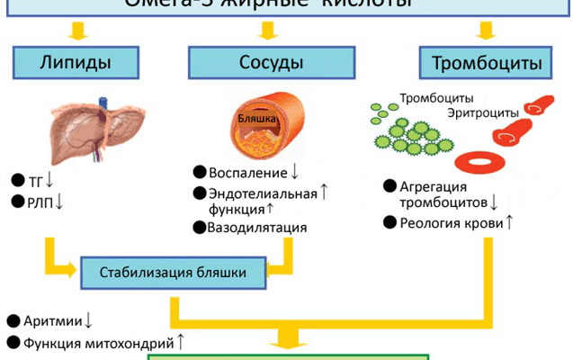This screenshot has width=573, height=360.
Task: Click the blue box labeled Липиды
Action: (76, 63)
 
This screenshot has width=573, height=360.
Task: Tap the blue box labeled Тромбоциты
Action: (485, 63)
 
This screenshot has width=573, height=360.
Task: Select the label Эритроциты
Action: (483, 112)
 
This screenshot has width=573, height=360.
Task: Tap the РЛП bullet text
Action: (41, 202)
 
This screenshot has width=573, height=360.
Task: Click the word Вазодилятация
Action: (257, 228)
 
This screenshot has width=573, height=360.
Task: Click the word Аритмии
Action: (53, 320)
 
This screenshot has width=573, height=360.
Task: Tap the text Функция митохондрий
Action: (98, 342)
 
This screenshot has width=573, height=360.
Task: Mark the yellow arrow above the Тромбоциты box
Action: (485, 31)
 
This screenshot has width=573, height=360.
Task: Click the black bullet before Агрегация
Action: (389, 185)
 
